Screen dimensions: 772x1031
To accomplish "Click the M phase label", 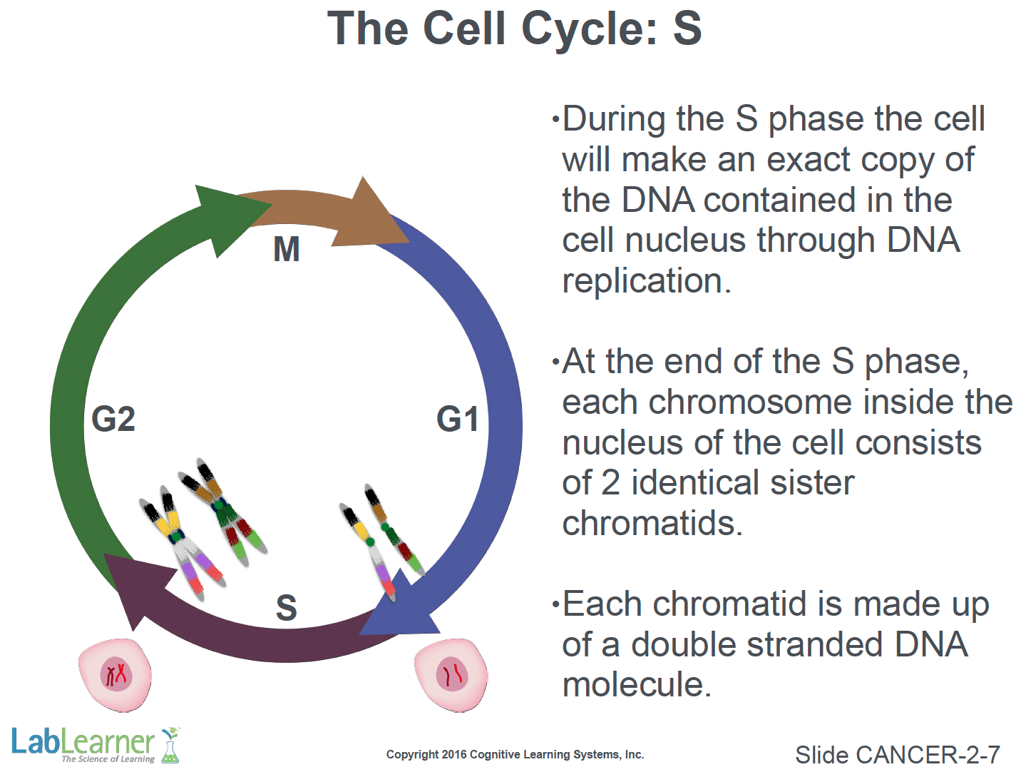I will [x=287, y=250].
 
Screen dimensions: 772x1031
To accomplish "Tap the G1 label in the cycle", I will [x=458, y=419].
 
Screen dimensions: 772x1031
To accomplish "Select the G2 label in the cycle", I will [x=113, y=419].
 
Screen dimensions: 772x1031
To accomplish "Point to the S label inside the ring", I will [x=287, y=608].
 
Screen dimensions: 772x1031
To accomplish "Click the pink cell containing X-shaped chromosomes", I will [x=116, y=675].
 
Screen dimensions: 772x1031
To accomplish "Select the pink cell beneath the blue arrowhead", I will [x=451, y=675].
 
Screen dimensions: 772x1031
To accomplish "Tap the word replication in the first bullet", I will [x=646, y=281].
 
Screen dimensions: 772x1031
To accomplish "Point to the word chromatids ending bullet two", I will [x=652, y=524].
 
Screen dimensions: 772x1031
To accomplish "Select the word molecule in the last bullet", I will [x=636, y=685].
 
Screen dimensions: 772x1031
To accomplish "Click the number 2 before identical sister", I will [x=610, y=483].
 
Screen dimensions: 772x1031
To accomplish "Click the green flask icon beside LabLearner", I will [x=170, y=745].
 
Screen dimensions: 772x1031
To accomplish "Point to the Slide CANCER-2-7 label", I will [x=897, y=755].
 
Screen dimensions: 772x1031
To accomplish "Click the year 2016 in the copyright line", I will [x=454, y=755].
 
